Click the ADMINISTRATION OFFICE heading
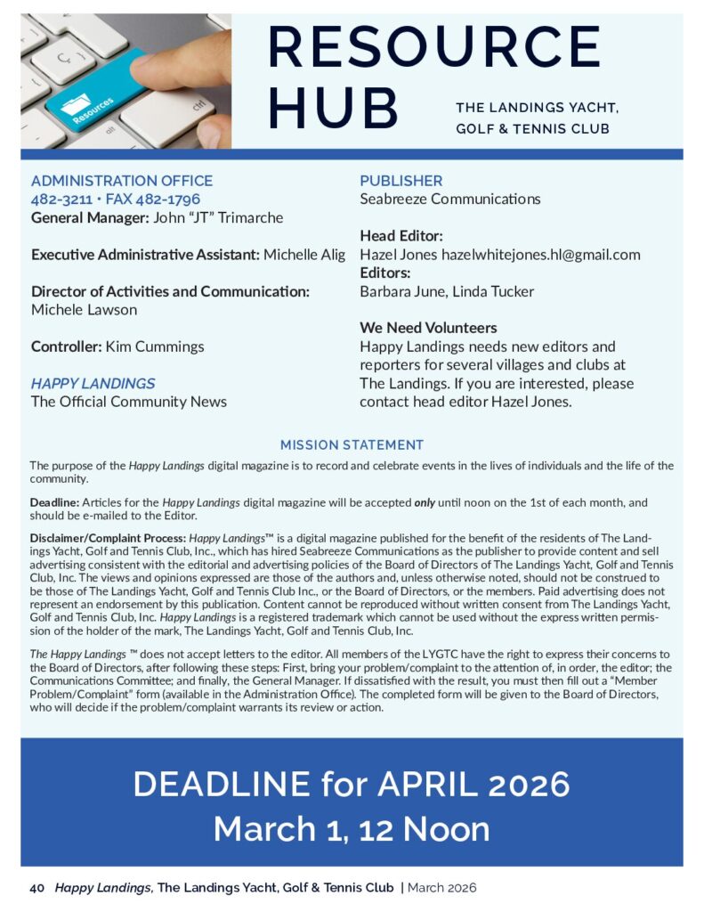(122, 181)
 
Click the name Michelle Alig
(304, 255)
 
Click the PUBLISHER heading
(401, 181)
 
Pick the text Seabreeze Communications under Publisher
(449, 199)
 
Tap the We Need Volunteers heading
(428, 328)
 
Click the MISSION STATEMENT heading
(352, 444)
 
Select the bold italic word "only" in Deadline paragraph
(425, 502)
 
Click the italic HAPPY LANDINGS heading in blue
(93, 383)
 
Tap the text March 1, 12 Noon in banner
(352, 829)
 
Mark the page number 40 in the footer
(37, 887)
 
